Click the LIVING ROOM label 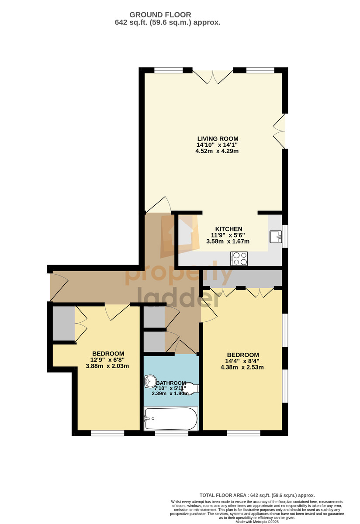point(218,138)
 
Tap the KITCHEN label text point(228,229)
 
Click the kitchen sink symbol point(276,237)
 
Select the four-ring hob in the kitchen point(239,258)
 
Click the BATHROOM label point(171,383)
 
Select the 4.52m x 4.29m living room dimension point(217,151)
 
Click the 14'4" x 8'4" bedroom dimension point(242,361)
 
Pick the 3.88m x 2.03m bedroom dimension point(107,366)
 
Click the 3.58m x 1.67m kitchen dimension point(228,241)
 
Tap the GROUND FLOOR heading point(160,15)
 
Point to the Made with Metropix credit point(257,522)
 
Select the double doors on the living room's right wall point(279,131)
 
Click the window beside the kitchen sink point(285,236)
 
